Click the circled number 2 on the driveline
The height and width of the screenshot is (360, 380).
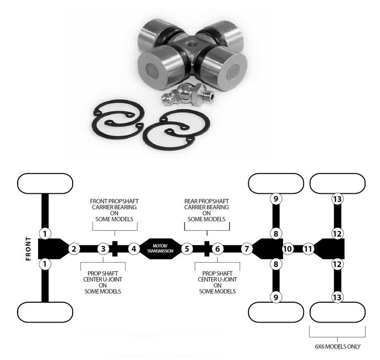point(73,249)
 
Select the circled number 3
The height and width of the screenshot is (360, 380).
point(102,249)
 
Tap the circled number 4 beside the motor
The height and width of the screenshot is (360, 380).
point(133,249)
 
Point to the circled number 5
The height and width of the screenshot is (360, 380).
point(187,249)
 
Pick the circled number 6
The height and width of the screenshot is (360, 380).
point(218,249)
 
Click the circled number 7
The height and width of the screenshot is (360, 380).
point(246,249)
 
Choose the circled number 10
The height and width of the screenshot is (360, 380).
point(287,249)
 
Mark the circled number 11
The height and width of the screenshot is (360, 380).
point(308,249)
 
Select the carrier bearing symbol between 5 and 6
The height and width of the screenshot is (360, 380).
point(206,249)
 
